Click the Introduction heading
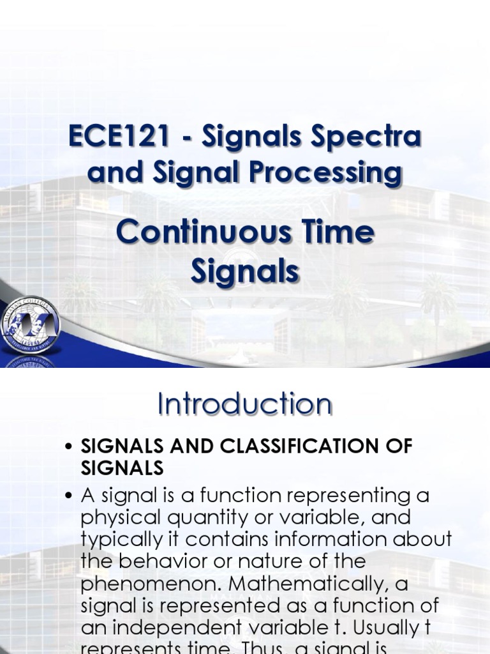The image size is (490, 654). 245,404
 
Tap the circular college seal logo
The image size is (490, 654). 30,325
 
